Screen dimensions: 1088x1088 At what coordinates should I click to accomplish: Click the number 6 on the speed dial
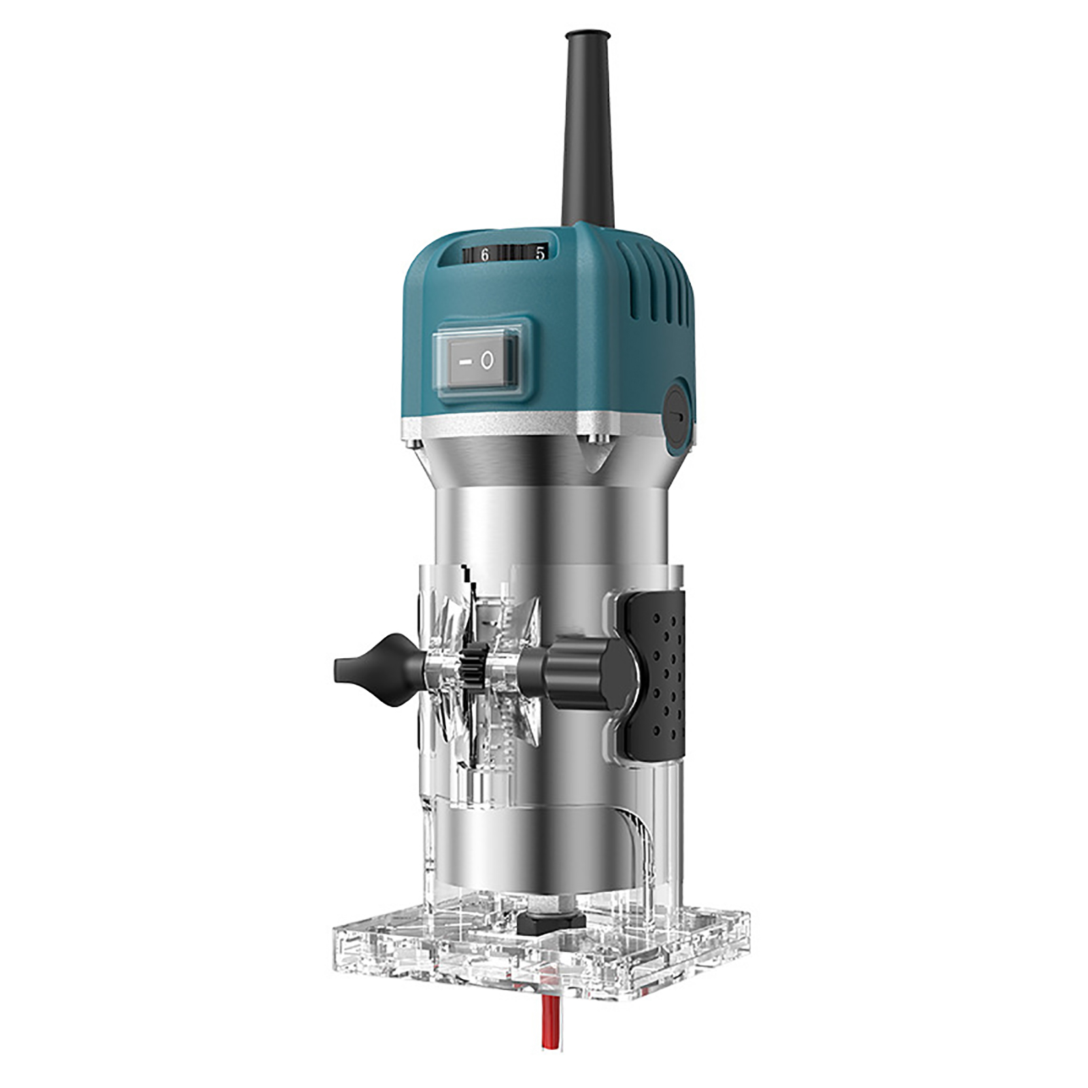[x=485, y=256]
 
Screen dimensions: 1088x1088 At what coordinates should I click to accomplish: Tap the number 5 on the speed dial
[x=540, y=254]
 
